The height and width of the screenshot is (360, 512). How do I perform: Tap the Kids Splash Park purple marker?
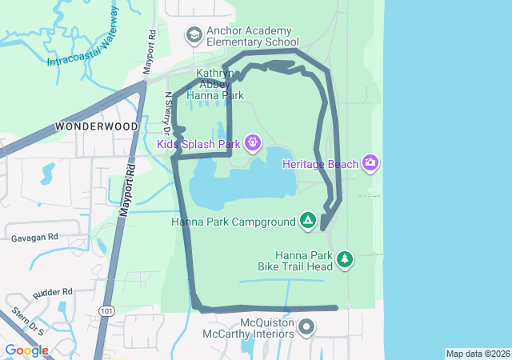[253, 143]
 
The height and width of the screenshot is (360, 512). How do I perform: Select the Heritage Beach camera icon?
[370, 163]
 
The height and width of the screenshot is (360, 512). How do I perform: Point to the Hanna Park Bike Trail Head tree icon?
[345, 258]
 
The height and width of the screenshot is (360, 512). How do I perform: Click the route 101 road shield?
[107, 310]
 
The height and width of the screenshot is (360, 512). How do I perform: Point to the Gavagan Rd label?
[34, 238]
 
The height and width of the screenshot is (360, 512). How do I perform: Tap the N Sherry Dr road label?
[168, 112]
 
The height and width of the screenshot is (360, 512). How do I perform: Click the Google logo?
[26, 350]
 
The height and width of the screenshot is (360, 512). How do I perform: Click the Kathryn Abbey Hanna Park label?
[214, 83]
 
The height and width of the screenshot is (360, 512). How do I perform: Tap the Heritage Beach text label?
[319, 163]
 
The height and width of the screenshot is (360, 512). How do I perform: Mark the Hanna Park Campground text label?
[232, 221]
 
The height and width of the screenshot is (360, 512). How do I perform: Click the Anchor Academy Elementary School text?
[252, 36]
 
